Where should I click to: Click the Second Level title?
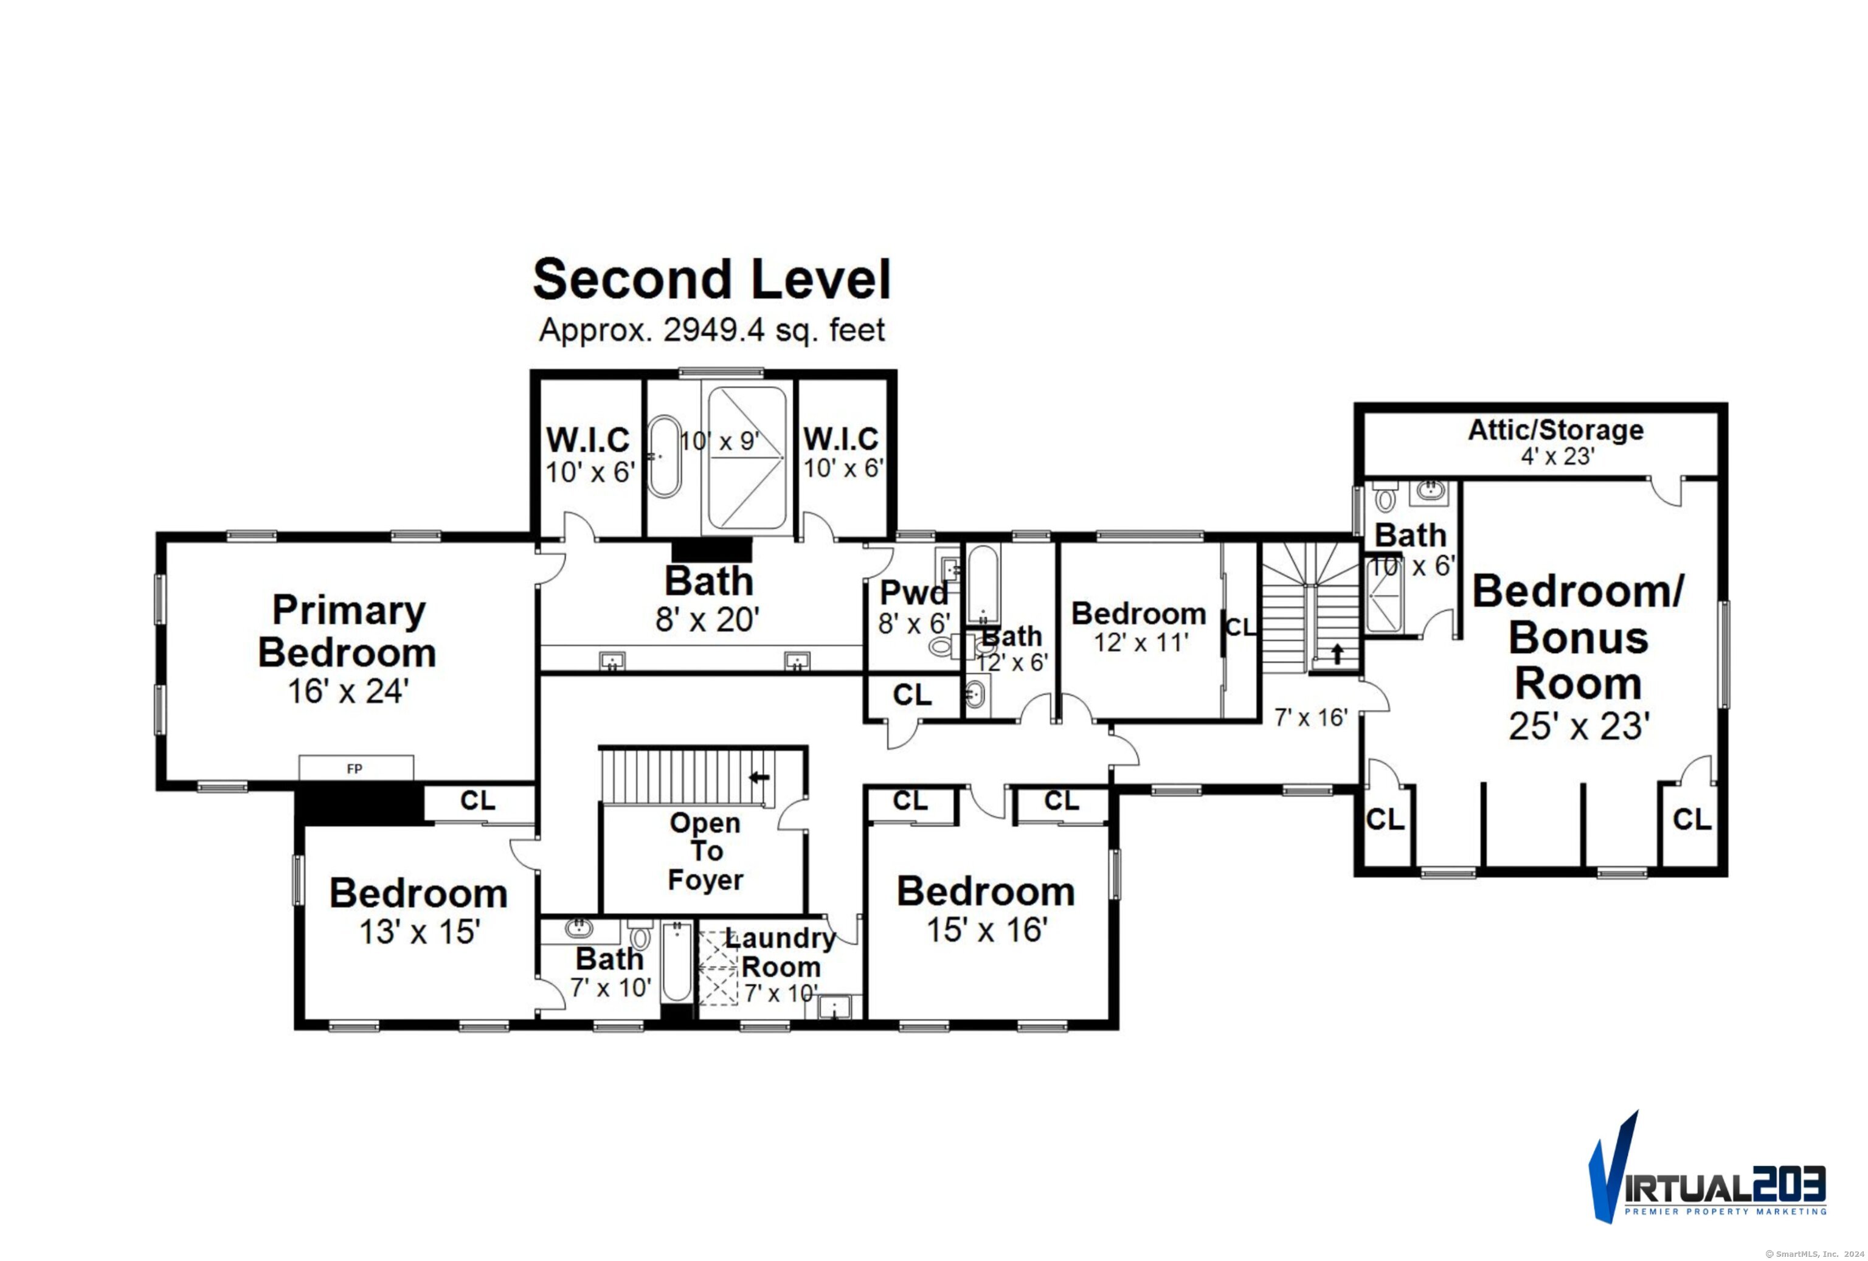click(712, 279)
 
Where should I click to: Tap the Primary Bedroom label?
click(347, 631)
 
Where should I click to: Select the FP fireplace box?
click(356, 767)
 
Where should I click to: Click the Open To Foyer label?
click(706, 851)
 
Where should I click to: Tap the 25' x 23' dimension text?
click(1579, 727)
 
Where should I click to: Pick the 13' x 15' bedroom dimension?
click(419, 932)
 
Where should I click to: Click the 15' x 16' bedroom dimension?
click(986, 930)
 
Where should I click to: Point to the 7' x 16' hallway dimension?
click(1311, 717)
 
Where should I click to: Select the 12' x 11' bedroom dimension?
click(1141, 642)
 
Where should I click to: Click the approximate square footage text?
click(711, 330)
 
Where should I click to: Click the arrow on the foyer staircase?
click(759, 777)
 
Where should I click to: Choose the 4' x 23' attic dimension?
click(1557, 457)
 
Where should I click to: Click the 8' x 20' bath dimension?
click(707, 620)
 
